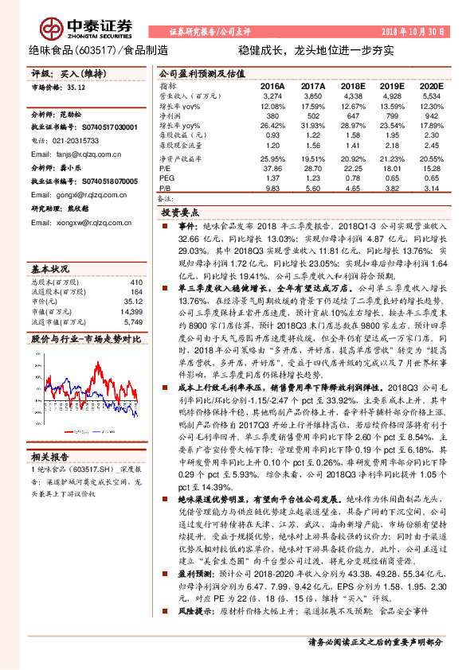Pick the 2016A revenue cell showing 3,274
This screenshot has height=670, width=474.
pos(272,95)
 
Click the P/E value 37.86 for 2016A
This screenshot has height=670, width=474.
pos(272,168)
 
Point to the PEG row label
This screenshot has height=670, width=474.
pos(166,177)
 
